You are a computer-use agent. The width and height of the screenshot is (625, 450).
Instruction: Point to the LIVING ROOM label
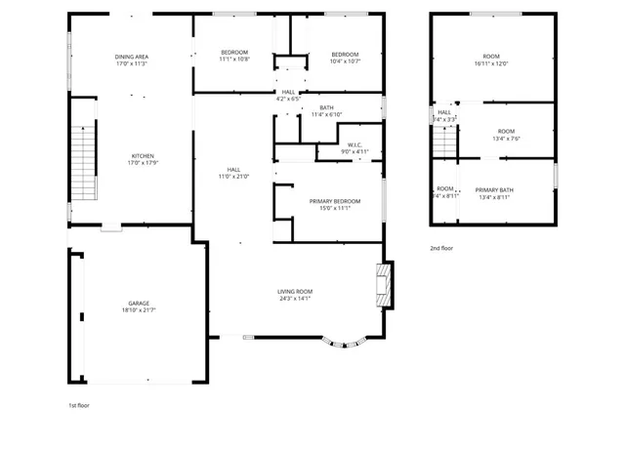tap(294, 292)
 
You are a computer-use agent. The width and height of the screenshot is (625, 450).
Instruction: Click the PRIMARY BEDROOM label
tap(335, 201)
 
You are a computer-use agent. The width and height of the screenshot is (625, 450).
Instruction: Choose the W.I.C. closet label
tap(354, 145)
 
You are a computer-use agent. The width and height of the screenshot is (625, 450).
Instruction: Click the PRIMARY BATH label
tap(495, 190)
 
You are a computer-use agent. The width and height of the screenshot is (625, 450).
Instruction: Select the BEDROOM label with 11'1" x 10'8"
tap(234, 53)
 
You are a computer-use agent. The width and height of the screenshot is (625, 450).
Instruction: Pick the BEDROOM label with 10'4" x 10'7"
tap(345, 54)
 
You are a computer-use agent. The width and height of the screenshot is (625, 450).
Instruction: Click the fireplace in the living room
tap(385, 283)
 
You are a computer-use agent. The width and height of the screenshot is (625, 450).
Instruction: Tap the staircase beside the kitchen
tap(85, 164)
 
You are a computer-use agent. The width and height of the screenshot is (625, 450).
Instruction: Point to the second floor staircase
tap(444, 142)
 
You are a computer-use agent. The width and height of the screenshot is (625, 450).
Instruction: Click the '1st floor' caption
tap(78, 404)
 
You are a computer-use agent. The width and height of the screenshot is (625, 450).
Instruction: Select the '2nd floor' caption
tap(441, 248)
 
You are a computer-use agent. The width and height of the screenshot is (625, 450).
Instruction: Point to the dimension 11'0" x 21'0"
tap(233, 177)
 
